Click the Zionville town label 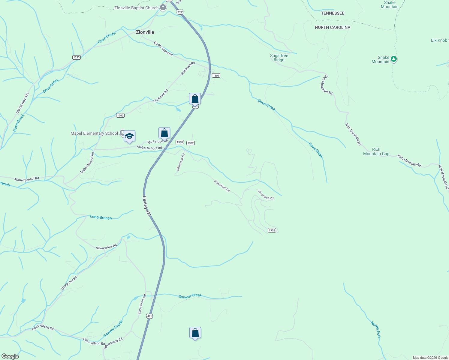[x=145, y=32]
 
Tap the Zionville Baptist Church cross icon [x=163, y=8]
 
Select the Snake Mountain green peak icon [x=394, y=59]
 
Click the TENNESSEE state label [x=333, y=13]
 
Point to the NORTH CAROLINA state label [x=333, y=27]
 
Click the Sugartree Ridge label [x=279, y=58]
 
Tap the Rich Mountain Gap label [x=376, y=151]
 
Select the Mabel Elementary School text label [x=94, y=133]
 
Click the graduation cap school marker [x=129, y=136]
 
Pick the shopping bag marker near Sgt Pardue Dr [x=164, y=133]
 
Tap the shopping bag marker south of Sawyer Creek [x=195, y=333]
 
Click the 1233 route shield [x=77, y=57]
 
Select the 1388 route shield [x=180, y=142]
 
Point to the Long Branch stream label [x=101, y=217]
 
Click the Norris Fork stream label [x=375, y=330]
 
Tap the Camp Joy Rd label [x=69, y=283]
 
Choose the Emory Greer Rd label [x=163, y=49]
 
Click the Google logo [x=10, y=356]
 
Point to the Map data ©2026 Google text [x=430, y=358]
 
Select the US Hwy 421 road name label [x=146, y=206]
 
